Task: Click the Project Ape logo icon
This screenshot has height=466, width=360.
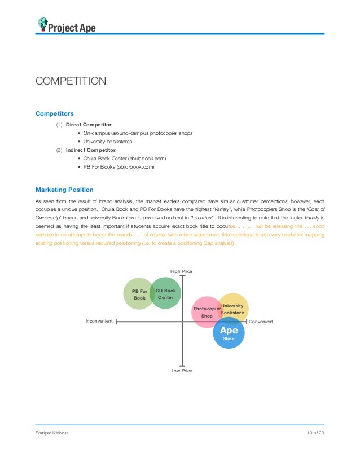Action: click(42, 24)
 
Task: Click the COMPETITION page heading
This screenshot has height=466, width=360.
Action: click(71, 81)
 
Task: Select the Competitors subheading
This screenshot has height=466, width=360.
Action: click(55, 113)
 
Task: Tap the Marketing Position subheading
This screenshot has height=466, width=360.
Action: click(64, 190)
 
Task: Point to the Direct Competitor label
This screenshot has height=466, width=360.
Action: click(89, 124)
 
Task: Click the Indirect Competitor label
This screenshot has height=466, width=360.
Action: click(91, 150)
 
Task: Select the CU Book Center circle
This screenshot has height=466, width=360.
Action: click(166, 293)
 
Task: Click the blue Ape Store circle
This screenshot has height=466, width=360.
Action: click(229, 333)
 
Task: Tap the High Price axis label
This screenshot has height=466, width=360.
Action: click(181, 271)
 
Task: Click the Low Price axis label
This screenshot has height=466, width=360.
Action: click(182, 371)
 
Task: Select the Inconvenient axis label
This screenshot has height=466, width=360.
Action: click(99, 322)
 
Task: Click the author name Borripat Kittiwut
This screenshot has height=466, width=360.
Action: click(52, 432)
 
